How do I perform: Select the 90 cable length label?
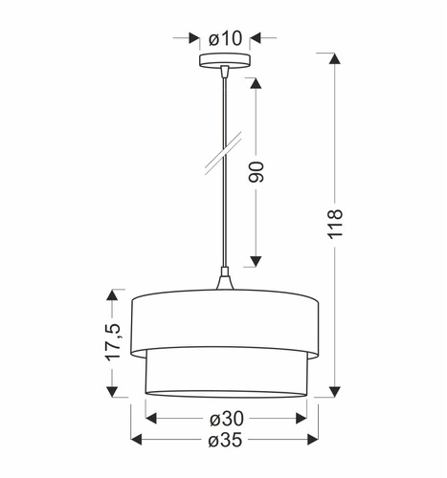point(255,171)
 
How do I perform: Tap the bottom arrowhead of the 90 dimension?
point(256,259)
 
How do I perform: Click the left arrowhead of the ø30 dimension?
point(150,417)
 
